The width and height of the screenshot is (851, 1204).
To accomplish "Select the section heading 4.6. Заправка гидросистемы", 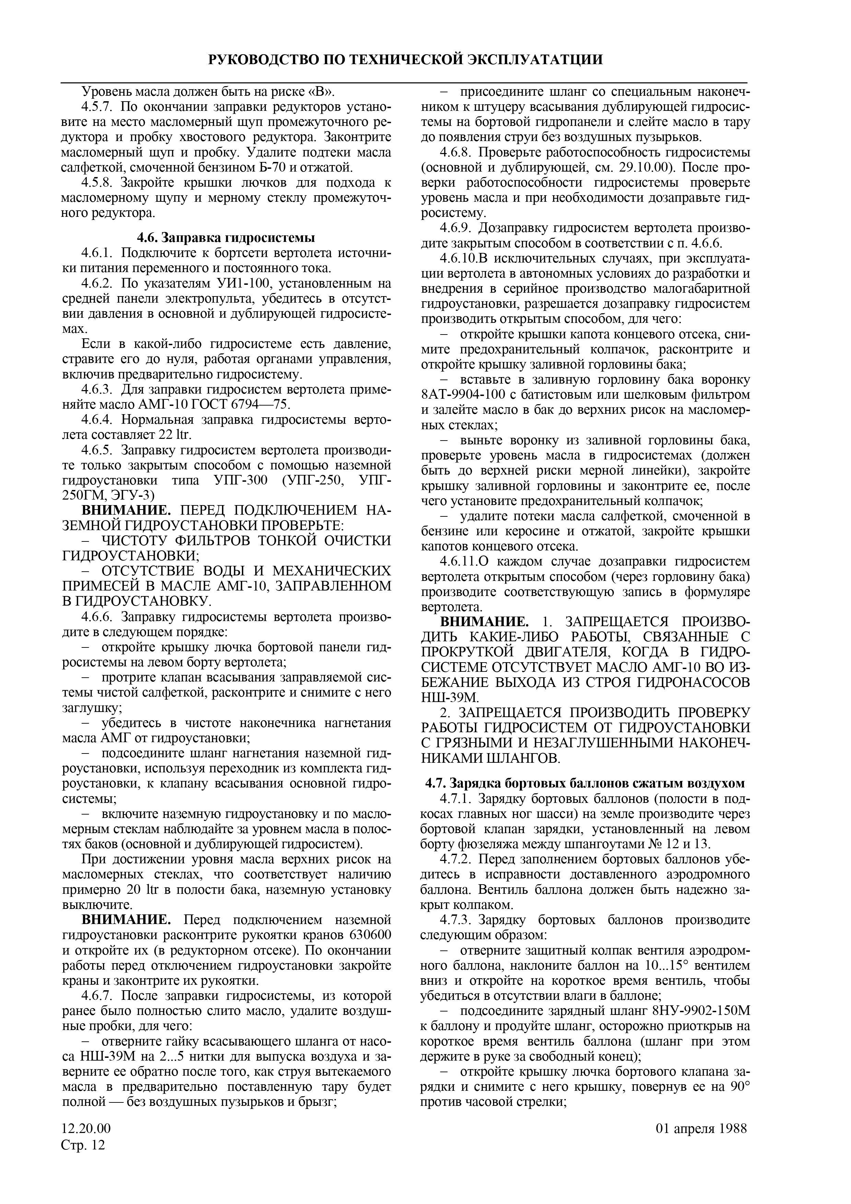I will pyautogui.click(x=226, y=237).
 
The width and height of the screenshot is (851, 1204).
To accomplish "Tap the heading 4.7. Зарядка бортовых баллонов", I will pyautogui.click(x=585, y=783).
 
